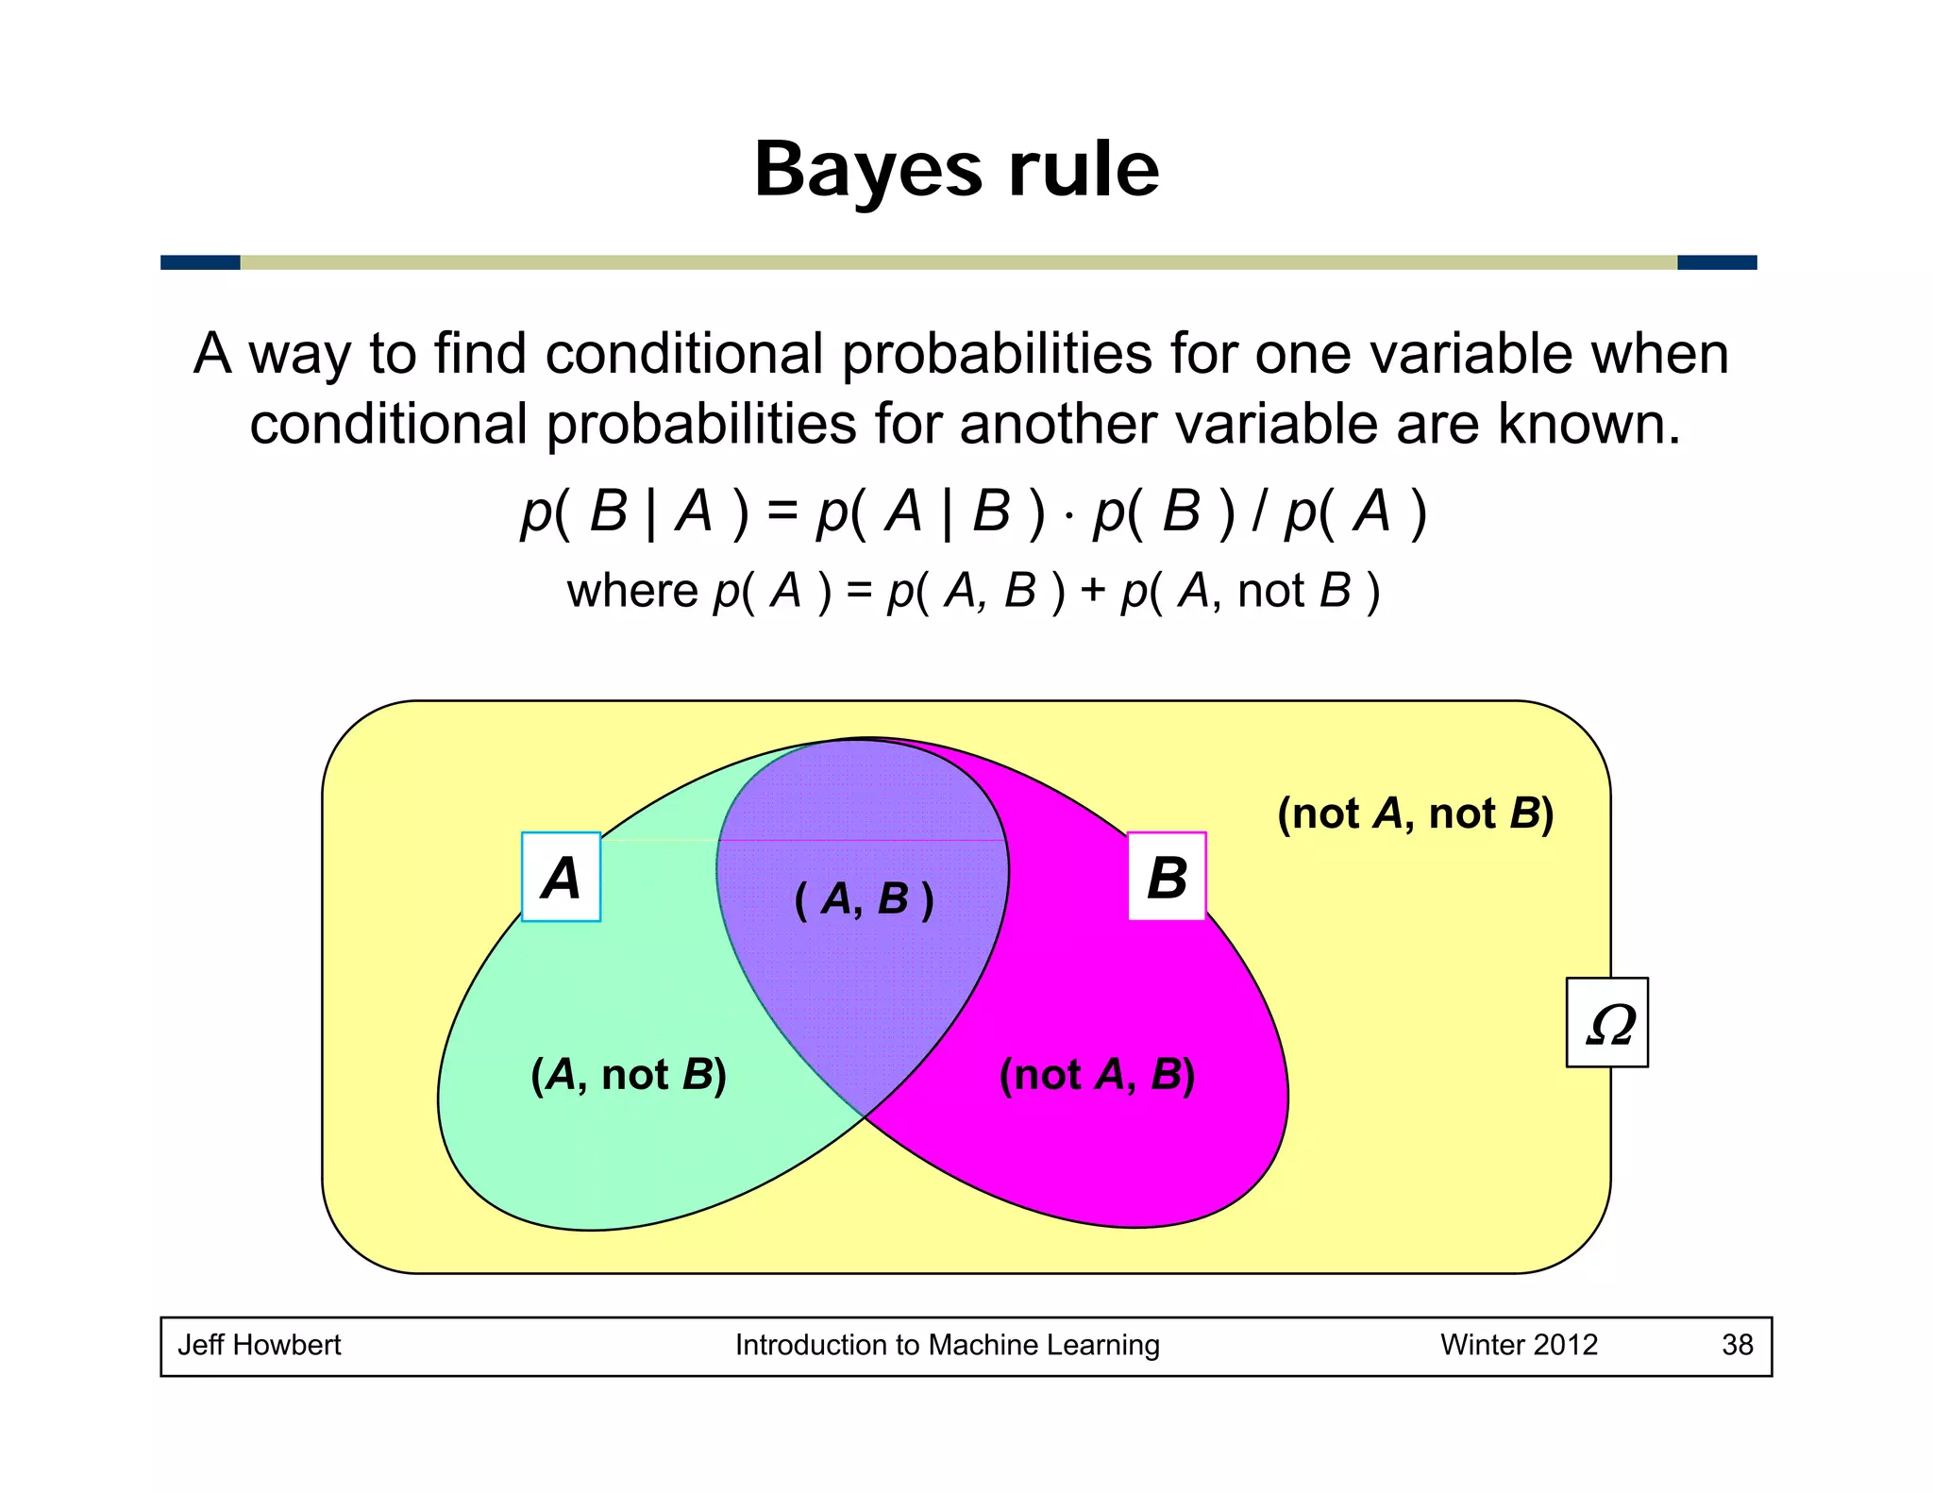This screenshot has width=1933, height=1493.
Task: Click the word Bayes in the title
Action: click(x=868, y=172)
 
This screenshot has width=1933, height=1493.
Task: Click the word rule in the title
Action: click(x=1084, y=170)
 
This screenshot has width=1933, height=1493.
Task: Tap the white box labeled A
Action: click(x=561, y=877)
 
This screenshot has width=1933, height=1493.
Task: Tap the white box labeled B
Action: click(x=1167, y=877)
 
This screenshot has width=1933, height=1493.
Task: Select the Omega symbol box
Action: click(x=1606, y=1023)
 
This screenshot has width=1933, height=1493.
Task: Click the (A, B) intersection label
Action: click(x=864, y=899)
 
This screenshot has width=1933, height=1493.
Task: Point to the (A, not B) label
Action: click(x=629, y=1075)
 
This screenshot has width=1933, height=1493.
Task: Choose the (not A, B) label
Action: click(x=1097, y=1075)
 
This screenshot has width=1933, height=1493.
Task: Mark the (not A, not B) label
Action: click(x=1415, y=814)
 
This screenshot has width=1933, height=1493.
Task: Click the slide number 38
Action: click(x=1737, y=1345)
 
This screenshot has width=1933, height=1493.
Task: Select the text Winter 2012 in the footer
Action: click(x=1519, y=1345)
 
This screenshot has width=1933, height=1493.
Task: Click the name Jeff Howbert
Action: click(x=260, y=1345)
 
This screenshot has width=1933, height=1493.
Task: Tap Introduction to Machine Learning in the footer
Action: click(x=947, y=1345)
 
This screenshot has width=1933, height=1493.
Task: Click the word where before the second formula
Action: click(x=631, y=592)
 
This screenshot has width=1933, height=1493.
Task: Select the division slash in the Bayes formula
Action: click(x=1258, y=513)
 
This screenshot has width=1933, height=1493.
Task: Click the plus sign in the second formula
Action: click(x=1093, y=592)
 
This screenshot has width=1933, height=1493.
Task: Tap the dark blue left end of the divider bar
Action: click(x=200, y=262)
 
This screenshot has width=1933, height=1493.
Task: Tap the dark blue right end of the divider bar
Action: click(x=1716, y=262)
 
